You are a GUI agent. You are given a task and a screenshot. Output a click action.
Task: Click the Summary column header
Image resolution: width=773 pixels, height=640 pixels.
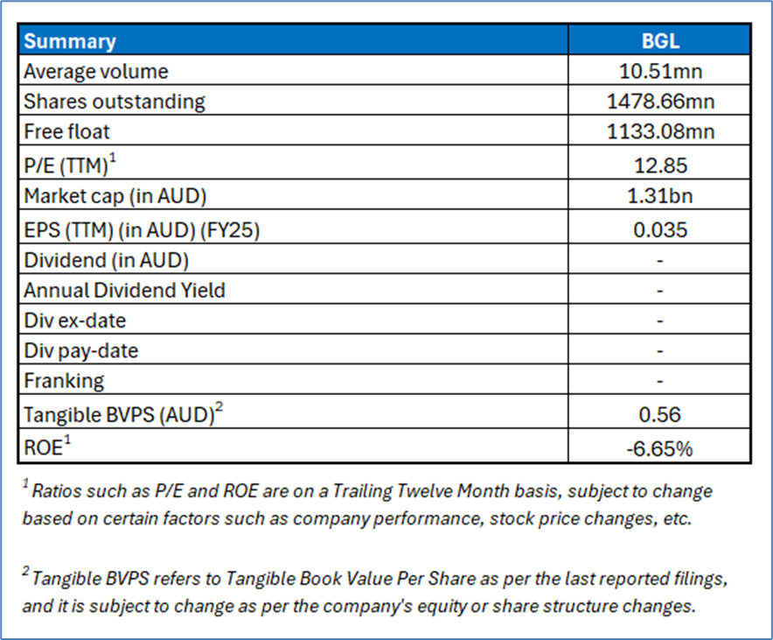pos(70,41)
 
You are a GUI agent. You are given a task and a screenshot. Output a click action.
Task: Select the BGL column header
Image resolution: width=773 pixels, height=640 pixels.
pos(660,41)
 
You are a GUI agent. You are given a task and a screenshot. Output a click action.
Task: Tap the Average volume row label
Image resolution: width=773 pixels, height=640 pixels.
pos(96,71)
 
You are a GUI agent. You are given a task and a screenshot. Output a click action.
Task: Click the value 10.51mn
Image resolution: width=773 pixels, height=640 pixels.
pos(660,71)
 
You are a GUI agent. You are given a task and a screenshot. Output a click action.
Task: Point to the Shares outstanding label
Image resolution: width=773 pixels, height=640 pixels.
pos(115,102)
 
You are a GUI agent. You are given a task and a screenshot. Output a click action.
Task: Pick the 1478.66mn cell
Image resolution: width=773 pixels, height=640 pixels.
pos(660,102)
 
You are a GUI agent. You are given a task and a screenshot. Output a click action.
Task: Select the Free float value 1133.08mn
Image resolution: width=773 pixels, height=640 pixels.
pos(660,132)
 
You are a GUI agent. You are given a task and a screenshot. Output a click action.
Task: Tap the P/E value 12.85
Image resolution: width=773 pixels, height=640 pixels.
pos(660,165)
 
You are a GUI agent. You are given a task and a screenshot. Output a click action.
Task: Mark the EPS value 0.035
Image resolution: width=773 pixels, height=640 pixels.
pos(660,229)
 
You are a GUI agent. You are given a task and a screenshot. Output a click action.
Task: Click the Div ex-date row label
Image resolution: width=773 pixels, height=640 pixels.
pos(75,320)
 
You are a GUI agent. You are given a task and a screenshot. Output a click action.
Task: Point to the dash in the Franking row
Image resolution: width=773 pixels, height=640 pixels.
pos(660,381)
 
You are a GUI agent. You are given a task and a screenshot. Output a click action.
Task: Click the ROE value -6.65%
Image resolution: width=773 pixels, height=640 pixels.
pos(660,449)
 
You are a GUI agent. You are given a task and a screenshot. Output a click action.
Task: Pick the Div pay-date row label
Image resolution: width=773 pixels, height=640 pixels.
pos(81,351)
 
